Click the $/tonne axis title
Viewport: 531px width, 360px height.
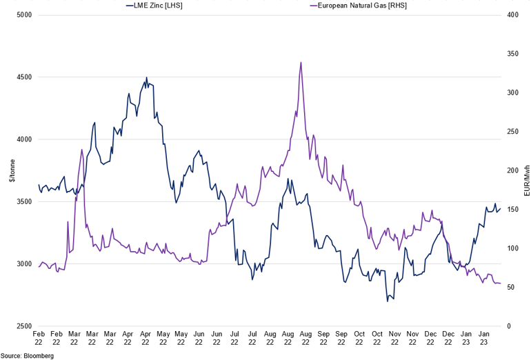click(10, 170)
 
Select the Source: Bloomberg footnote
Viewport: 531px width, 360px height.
click(27, 355)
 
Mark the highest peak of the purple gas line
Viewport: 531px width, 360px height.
click(301, 62)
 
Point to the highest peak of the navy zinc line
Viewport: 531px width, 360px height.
click(147, 78)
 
